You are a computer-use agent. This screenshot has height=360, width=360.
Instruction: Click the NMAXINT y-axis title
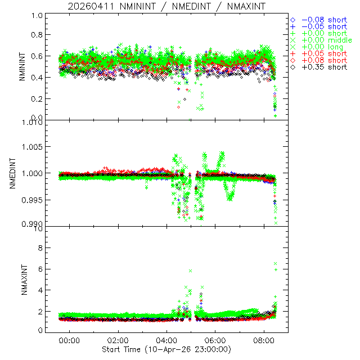[22, 280]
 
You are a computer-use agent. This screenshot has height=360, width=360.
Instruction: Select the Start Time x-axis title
[166, 349]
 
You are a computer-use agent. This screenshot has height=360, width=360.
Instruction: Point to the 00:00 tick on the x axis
[70, 340]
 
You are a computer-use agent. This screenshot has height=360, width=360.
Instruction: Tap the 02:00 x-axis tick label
[119, 340]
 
